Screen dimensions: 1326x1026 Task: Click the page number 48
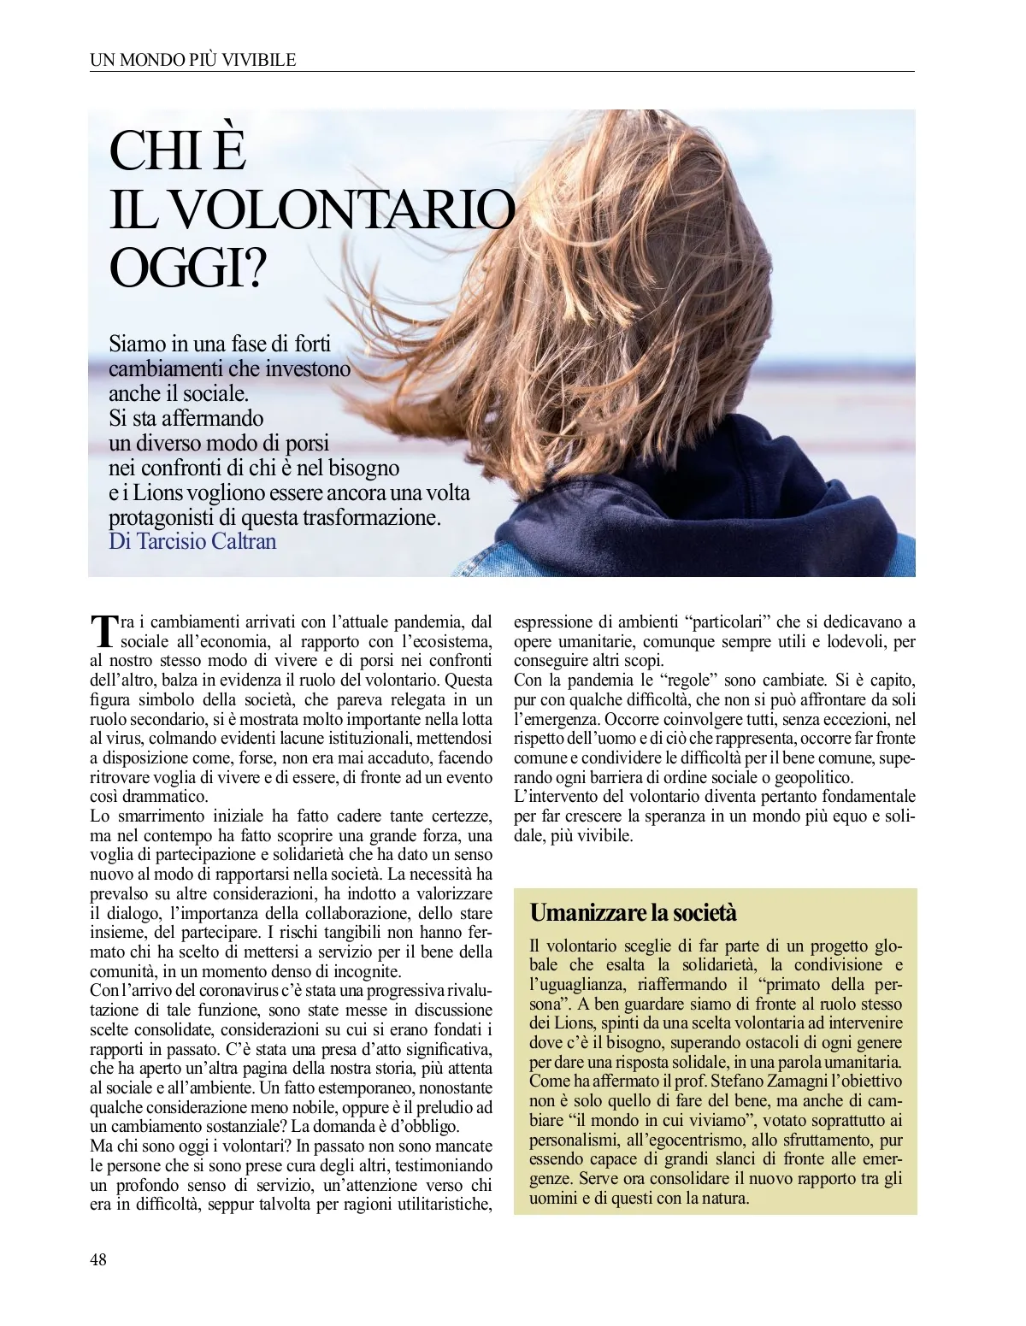point(98,1259)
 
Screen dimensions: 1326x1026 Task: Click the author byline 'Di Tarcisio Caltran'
point(192,542)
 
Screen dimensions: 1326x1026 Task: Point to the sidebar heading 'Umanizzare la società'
point(633,912)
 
